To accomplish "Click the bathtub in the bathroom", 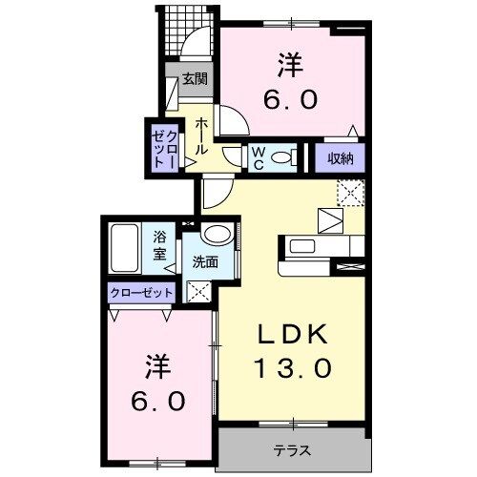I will click(127, 248).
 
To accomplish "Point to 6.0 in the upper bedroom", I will click(292, 98).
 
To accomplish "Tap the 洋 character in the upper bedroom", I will click(292, 65).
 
